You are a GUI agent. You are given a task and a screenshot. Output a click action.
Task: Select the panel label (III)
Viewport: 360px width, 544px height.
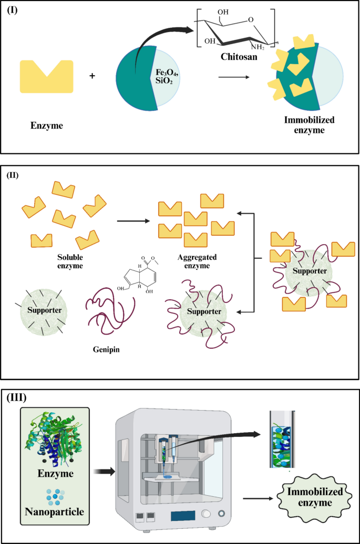(18, 397)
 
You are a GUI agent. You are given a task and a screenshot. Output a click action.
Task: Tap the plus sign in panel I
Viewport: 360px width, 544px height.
(92, 76)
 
